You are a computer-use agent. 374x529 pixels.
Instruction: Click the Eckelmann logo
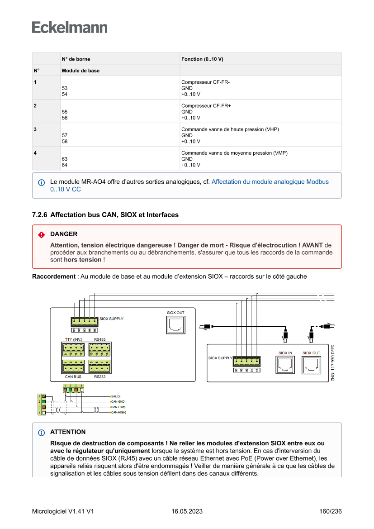70,28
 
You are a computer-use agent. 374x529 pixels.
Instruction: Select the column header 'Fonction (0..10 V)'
202,59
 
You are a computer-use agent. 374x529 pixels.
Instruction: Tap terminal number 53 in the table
64,88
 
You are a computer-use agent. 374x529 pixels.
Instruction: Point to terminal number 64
64,165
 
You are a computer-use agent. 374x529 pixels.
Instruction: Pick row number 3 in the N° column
35,129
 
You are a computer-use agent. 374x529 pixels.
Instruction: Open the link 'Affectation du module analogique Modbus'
270,182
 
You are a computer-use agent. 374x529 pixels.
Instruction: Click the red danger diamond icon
42,235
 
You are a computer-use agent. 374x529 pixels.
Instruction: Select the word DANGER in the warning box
64,234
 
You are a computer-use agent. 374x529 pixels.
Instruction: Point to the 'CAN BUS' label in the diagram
73,376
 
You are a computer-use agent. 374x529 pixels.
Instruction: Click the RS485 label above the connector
100,339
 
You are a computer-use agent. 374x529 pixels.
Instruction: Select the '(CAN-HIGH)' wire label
118,413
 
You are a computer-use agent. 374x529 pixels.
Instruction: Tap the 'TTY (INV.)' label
73,339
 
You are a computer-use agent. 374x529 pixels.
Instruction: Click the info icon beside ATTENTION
42,433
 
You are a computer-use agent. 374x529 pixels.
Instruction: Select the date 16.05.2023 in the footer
187,511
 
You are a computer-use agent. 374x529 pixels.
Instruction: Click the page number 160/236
330,511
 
